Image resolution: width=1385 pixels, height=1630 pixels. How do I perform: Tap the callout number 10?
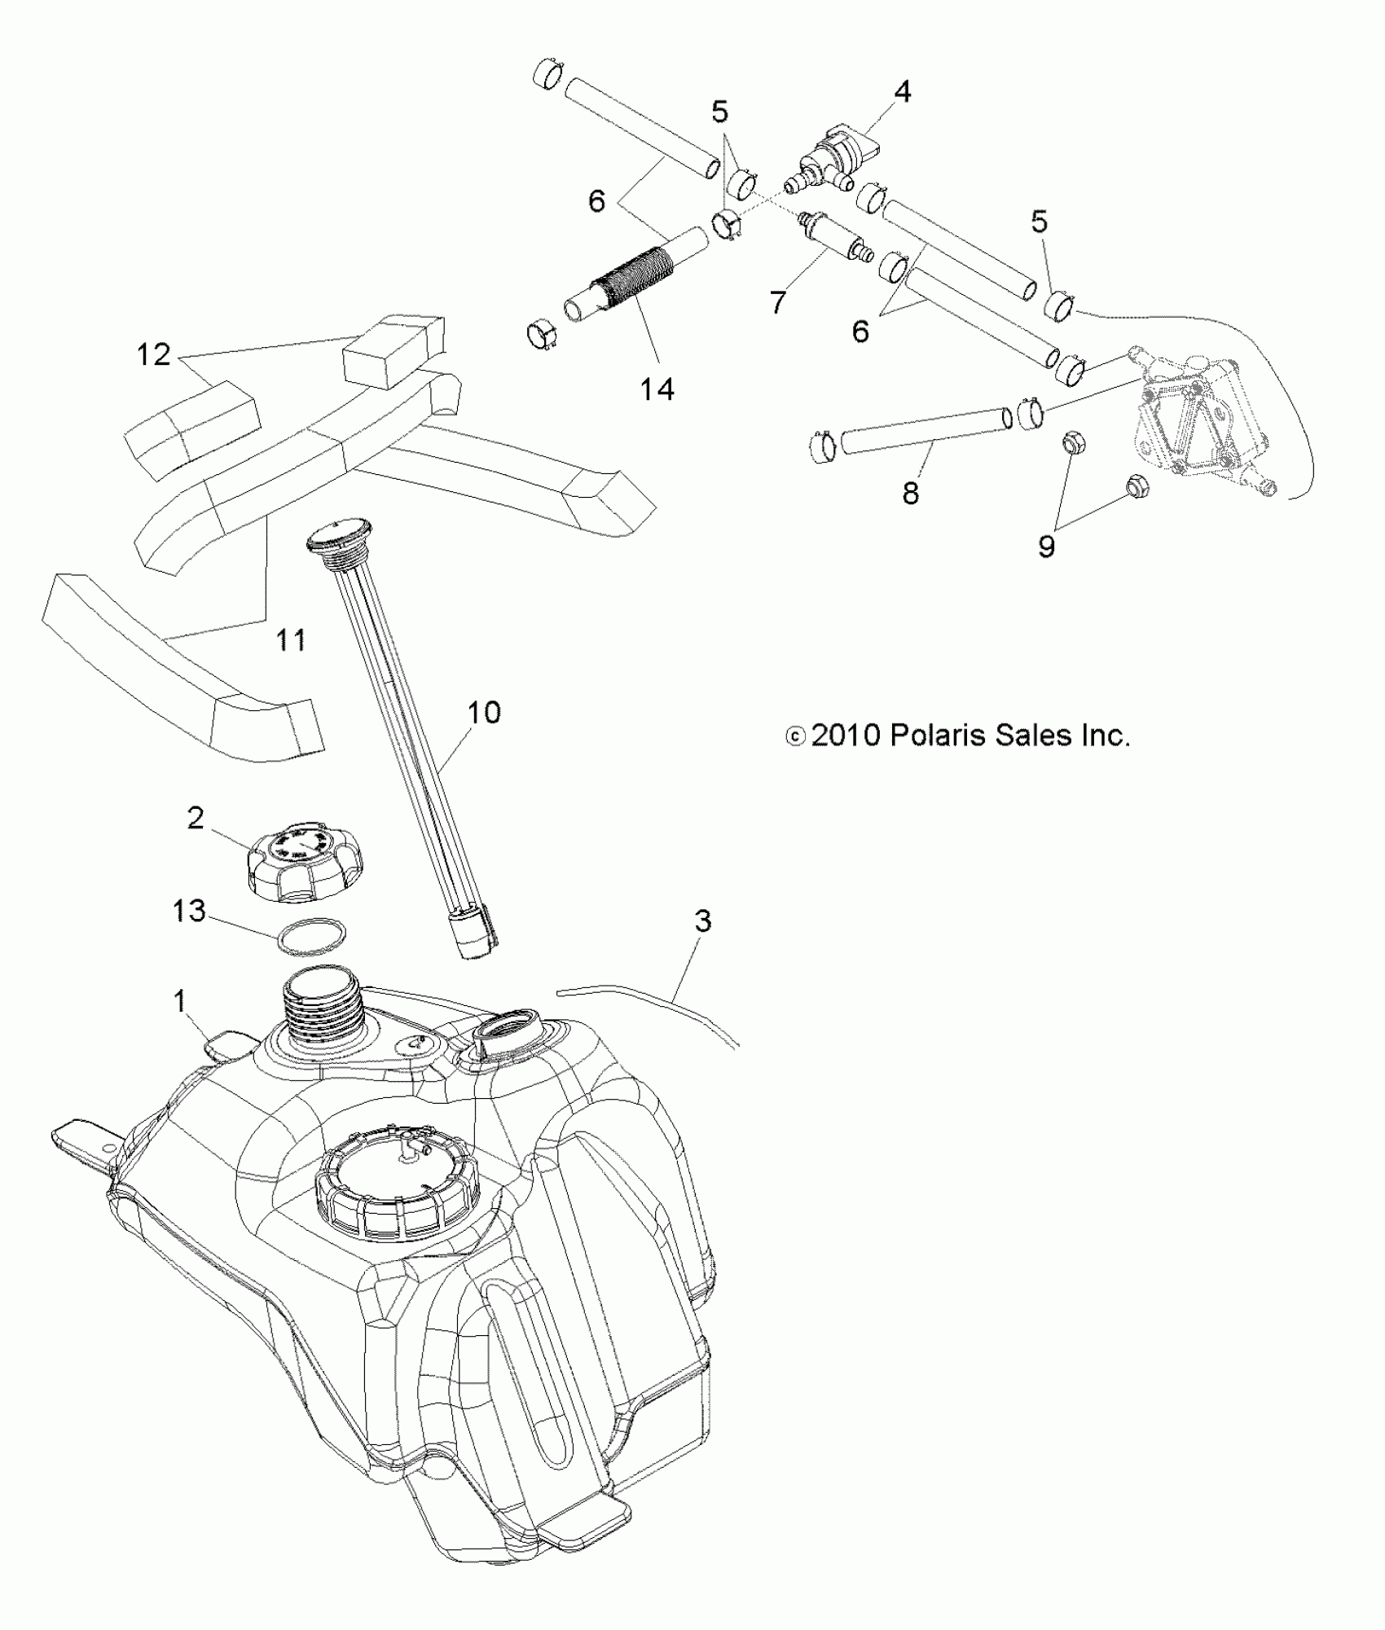click(x=483, y=712)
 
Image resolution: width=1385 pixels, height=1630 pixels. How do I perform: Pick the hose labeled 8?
click(x=923, y=429)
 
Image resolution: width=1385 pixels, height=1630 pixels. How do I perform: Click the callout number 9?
click(x=1046, y=546)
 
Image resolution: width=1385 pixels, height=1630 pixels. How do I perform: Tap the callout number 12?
click(x=153, y=354)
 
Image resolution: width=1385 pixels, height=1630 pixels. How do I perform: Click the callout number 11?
click(x=291, y=639)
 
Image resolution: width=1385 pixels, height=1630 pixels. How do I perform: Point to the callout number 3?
click(x=702, y=920)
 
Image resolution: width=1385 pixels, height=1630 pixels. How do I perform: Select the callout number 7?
click(x=777, y=301)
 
